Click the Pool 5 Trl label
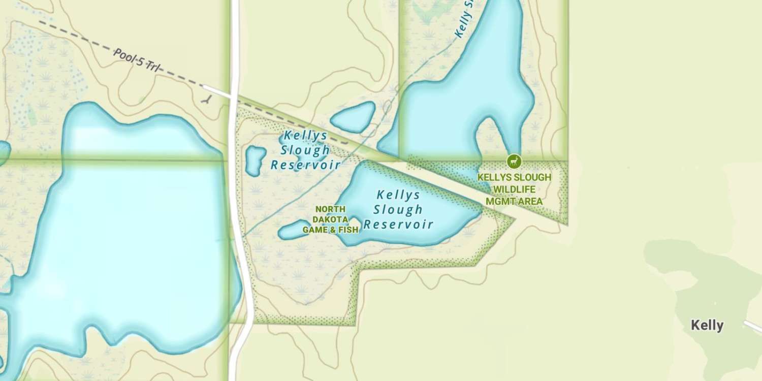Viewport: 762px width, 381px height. coord(136,60)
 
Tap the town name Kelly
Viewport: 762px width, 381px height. coord(707,325)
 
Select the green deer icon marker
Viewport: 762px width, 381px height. coord(514,162)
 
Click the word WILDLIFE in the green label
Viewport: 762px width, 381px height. coord(514,189)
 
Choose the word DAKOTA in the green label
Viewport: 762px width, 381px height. coord(330,219)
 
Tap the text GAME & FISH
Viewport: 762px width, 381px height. coord(330,230)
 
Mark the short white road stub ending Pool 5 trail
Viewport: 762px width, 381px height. coord(217,91)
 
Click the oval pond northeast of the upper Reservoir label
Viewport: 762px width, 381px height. coord(353,117)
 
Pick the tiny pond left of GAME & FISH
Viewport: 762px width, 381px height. coord(293,230)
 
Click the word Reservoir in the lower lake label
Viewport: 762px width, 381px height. coord(398,224)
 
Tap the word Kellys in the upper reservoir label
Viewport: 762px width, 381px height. coord(305,136)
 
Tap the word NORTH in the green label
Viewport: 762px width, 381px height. coord(330,209)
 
